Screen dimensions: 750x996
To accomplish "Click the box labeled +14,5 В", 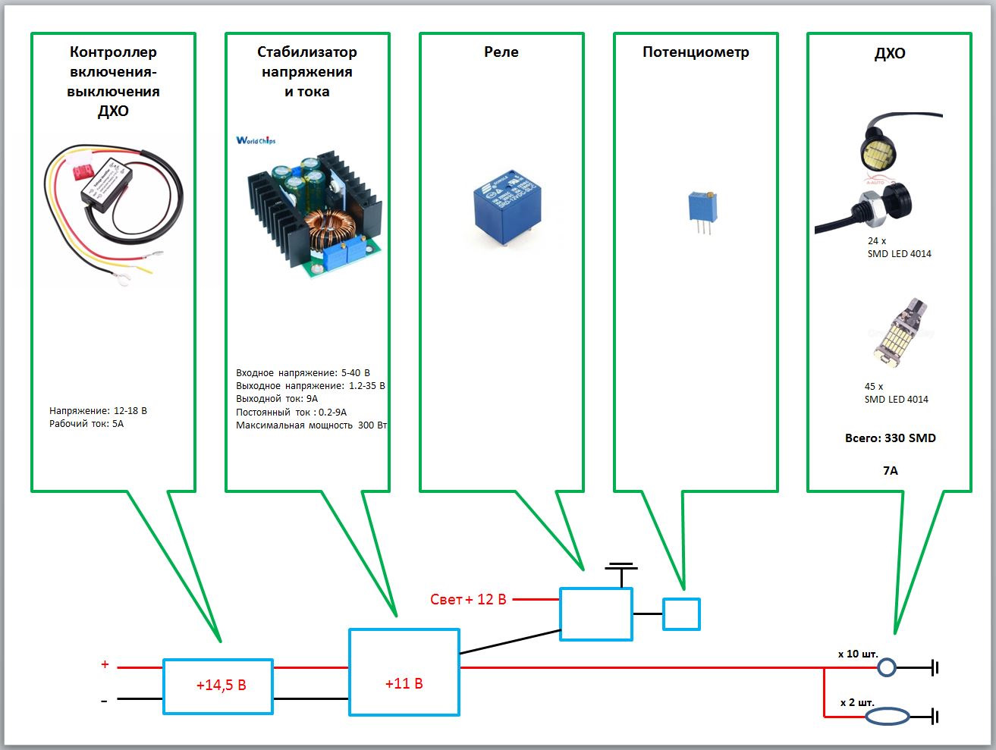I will [x=218, y=686].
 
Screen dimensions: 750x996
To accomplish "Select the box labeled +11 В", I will [x=404, y=673].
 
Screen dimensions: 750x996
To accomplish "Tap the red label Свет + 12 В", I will [x=468, y=600].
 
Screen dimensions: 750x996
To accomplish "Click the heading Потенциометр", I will [x=696, y=52].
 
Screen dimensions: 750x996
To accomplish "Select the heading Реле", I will [x=501, y=52].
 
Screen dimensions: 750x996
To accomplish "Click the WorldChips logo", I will [x=256, y=140].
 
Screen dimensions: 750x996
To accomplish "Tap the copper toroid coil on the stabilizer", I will [x=331, y=229].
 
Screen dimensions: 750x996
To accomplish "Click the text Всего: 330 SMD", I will [x=890, y=438].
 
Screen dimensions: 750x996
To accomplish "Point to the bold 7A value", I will [x=890, y=471].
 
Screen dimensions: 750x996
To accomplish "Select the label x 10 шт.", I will [x=858, y=654].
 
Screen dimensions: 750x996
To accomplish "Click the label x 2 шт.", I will [x=859, y=702].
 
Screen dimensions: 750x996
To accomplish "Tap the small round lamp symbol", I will [x=886, y=668].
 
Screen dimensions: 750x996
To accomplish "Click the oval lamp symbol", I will [x=888, y=716].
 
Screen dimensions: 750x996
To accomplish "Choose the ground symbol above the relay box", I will [x=621, y=567].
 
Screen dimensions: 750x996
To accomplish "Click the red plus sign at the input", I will [x=105, y=665].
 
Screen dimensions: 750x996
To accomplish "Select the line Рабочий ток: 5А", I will [x=86, y=424].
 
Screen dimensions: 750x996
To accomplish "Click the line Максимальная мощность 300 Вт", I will [x=311, y=425].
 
